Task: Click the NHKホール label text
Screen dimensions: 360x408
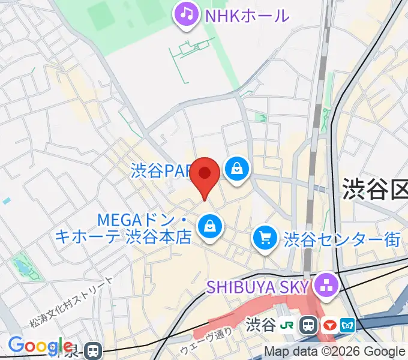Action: coord(247,15)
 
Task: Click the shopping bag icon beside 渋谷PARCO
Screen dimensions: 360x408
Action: coord(238,169)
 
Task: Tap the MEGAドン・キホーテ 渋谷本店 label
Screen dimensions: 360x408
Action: coord(122,227)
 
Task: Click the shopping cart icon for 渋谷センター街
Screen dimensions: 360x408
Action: coord(265,238)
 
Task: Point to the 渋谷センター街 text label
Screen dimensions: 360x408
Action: coord(342,239)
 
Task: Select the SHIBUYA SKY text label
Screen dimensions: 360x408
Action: coord(258,286)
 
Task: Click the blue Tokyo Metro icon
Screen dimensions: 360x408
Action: coord(347,326)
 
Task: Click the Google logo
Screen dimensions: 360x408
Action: coord(40,346)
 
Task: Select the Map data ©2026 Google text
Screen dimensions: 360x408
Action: coord(335,352)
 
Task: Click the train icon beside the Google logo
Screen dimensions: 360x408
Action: coord(92,350)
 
